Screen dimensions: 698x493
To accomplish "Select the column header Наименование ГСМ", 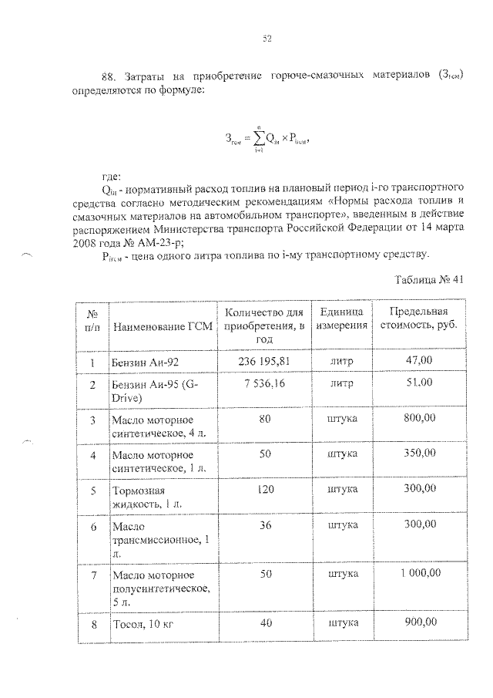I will click(x=156, y=325).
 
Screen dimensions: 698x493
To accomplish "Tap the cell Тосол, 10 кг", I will click(x=144, y=622).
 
